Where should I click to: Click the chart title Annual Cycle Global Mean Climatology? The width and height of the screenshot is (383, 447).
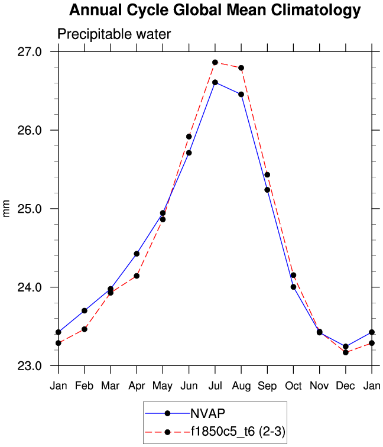pos(215,10)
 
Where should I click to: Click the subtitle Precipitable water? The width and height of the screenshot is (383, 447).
pos(113,34)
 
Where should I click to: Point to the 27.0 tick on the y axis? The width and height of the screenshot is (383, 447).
pos(30,51)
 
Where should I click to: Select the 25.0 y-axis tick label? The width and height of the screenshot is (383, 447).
pos(30,209)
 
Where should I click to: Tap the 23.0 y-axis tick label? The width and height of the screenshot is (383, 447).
pos(30,366)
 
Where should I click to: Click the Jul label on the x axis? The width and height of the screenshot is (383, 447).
pos(215,386)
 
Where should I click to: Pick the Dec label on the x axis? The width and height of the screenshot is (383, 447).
pos(345,386)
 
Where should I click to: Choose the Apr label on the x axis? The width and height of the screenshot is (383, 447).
pos(137,386)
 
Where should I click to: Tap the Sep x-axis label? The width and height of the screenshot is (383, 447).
pos(267,386)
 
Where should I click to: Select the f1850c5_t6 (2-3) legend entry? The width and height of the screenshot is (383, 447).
pos(238,432)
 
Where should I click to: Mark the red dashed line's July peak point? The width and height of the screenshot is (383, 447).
pos(215,62)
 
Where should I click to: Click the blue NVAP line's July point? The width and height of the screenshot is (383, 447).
pos(215,82)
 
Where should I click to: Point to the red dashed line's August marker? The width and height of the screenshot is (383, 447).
pos(241,68)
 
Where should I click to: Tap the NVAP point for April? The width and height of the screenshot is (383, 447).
pos(137,254)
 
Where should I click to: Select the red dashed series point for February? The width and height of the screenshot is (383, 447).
pos(85,329)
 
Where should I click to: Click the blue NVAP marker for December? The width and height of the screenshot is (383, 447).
pos(346,346)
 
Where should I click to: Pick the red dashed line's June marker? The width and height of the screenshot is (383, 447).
pos(189,137)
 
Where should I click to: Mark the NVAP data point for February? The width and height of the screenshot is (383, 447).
pos(85,310)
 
